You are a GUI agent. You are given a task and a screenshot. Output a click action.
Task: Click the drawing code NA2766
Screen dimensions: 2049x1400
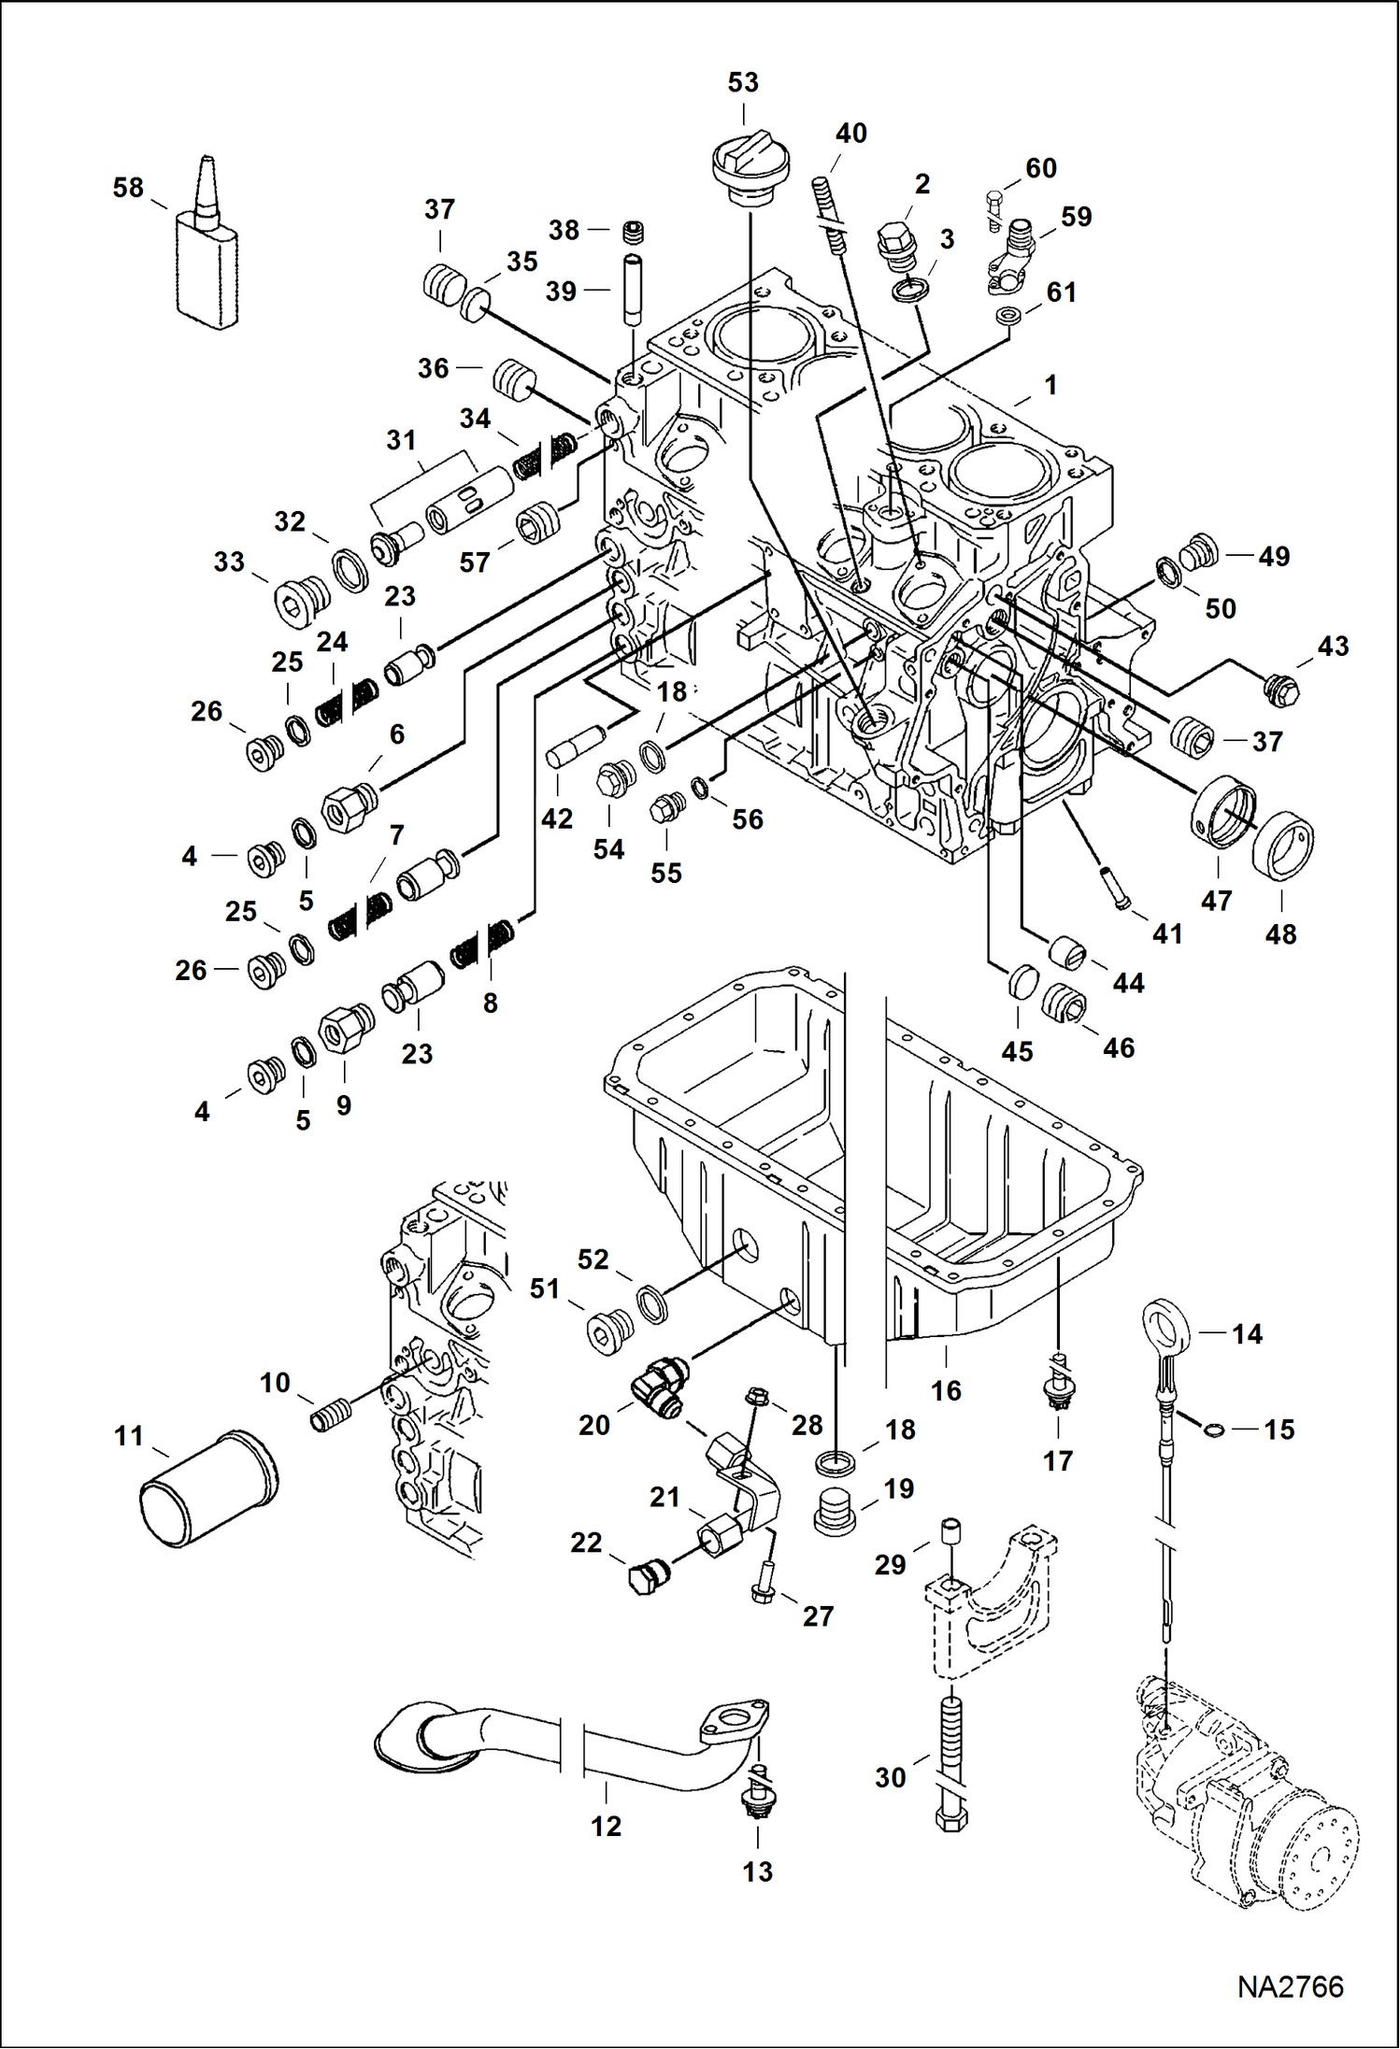point(1290,1987)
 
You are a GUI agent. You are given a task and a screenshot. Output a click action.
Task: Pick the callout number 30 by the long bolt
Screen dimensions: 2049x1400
point(890,1777)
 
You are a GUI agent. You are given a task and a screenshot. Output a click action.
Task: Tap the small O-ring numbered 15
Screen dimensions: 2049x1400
point(1213,1428)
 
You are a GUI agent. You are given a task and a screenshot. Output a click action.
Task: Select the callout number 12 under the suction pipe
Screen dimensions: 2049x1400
point(606,1826)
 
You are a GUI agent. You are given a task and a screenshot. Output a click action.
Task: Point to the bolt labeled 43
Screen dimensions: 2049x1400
point(1280,690)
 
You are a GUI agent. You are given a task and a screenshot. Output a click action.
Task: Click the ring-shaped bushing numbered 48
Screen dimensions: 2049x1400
point(1283,846)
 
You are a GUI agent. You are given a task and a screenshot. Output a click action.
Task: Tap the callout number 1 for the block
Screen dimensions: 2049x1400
point(1050,385)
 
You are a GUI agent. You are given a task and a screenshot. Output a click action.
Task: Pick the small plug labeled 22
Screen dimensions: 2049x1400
point(647,1578)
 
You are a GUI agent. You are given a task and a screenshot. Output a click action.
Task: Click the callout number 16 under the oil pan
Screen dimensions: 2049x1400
point(946,1390)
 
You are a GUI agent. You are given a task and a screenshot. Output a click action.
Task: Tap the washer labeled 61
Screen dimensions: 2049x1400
point(1007,316)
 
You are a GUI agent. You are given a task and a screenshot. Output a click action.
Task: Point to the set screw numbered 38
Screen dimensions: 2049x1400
point(633,232)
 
